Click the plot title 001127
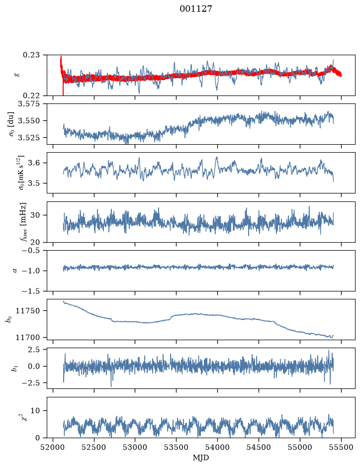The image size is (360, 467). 195,9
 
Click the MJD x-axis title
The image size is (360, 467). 201,458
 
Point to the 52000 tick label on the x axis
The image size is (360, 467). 53,448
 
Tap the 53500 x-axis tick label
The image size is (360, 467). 177,448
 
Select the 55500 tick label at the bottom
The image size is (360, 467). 341,448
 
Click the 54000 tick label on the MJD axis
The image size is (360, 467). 217,448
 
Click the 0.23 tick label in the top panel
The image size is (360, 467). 35,55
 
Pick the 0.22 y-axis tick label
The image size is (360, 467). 35,95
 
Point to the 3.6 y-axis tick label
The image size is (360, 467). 37,163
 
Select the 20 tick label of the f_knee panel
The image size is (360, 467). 39,242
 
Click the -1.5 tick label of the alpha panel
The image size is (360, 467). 34,291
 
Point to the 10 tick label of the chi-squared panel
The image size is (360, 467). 39,411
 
